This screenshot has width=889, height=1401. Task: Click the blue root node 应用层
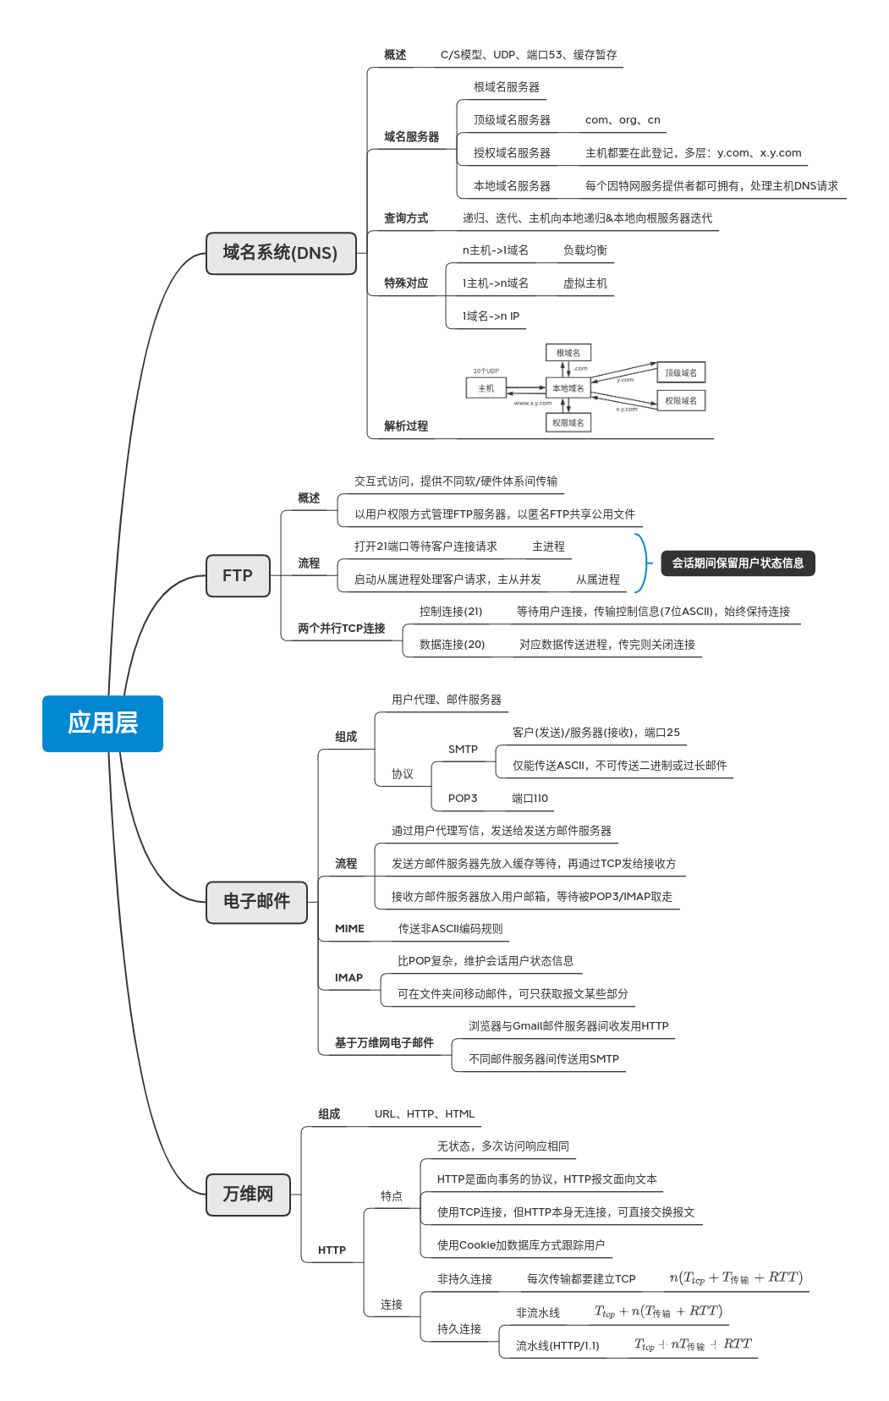[102, 723]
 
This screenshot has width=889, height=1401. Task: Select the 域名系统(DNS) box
[281, 253]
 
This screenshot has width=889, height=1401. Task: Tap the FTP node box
[238, 576]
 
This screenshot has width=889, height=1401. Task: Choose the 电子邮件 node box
[256, 902]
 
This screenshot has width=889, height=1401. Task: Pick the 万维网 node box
[248, 1195]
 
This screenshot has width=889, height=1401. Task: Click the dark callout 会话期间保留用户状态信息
[738, 563]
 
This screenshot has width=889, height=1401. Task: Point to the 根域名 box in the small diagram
[568, 353]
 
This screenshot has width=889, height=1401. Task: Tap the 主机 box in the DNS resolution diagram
[486, 388]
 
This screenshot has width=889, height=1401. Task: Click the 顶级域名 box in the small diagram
[681, 372]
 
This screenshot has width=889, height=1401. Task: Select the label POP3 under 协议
[463, 799]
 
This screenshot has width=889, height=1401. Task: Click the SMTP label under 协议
[463, 750]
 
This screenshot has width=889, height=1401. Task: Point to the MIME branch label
[349, 929]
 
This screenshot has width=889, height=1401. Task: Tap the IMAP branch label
[348, 978]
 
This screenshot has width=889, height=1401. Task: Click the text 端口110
[530, 799]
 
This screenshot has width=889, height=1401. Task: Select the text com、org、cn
[623, 120]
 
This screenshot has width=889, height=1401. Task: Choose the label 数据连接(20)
[452, 645]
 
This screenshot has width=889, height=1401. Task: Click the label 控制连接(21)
[451, 612]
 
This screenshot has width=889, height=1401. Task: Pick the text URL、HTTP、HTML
[425, 1114]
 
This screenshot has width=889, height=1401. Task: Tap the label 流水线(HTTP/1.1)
[557, 1346]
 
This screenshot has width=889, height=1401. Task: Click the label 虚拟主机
[585, 283]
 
